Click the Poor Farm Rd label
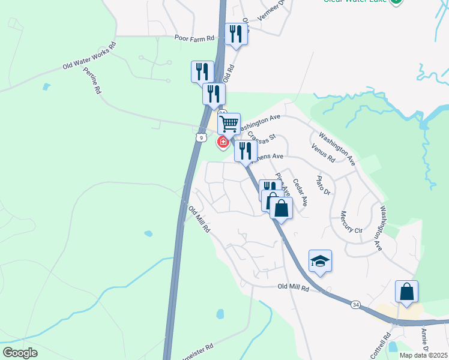(194, 38)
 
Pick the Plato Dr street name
(324, 184)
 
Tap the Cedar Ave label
(300, 193)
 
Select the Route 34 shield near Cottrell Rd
(356, 305)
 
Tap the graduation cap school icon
(320, 261)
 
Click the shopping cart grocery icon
(229, 124)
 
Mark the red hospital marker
(223, 142)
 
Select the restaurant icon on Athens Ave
(246, 151)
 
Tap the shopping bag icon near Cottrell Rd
(406, 292)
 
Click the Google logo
(20, 353)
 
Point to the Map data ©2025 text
(423, 355)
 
